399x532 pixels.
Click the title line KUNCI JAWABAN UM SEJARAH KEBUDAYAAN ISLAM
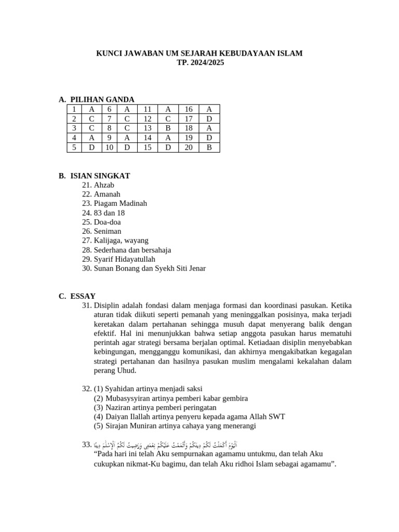(199, 54)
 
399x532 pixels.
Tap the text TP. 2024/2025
(199, 62)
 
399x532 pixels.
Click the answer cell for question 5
(92, 148)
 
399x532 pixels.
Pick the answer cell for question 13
(168, 128)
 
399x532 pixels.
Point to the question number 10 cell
(110, 148)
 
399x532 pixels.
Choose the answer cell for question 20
(209, 148)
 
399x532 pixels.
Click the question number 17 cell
(189, 119)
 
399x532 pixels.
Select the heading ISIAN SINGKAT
(100, 176)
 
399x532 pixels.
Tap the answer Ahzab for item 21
(104, 185)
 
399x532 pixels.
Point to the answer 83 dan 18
(110, 213)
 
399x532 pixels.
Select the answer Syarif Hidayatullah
(125, 259)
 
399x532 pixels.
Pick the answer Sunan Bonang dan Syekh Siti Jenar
(150, 269)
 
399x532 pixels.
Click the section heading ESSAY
(83, 296)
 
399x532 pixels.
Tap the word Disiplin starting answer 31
(108, 305)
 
